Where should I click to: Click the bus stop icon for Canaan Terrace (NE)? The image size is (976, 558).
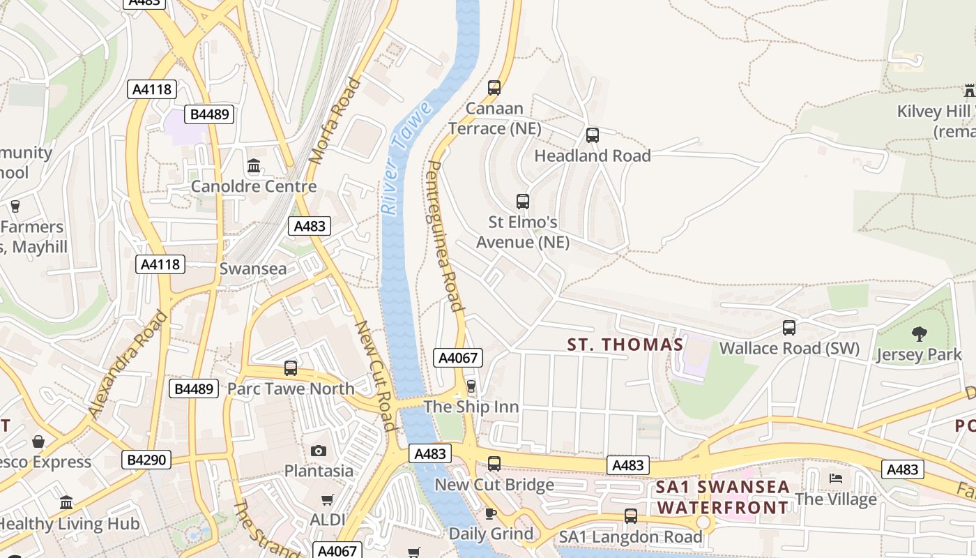[494, 88]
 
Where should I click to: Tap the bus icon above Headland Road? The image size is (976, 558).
[593, 135]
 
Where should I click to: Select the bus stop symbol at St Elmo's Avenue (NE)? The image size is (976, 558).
[523, 202]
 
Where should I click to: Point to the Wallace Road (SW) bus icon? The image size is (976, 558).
[789, 328]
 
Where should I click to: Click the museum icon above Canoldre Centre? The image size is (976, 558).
[254, 167]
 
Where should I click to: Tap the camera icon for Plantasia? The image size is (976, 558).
[319, 451]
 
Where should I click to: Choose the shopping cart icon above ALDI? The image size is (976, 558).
[328, 499]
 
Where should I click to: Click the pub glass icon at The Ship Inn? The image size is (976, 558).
[471, 386]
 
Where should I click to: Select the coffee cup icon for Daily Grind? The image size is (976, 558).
[491, 514]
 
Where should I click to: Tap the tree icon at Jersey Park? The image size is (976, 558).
[920, 334]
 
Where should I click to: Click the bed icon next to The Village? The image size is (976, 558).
[836, 478]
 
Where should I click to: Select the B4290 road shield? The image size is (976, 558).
[146, 460]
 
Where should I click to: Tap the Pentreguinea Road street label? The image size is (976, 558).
[444, 236]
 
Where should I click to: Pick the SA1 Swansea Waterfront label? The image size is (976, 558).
[723, 497]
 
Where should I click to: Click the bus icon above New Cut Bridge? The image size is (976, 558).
[494, 463]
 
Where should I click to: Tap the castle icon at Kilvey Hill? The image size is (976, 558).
[969, 90]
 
